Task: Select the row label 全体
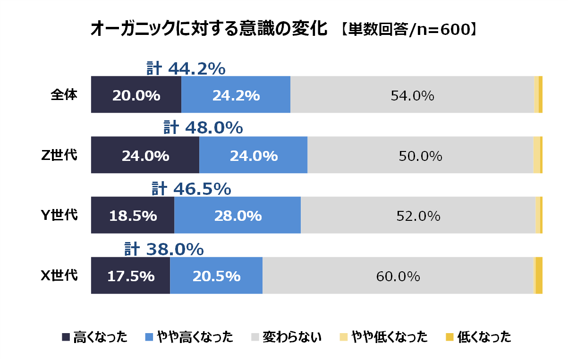coord(64,95)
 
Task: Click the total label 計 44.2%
coord(186,69)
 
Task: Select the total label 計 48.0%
coord(203,128)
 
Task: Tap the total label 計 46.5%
coord(191,189)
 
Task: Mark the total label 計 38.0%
coord(164,249)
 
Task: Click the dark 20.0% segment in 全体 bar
coord(136,95)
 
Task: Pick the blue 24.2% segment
coord(236,95)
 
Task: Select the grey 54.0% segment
coord(412,95)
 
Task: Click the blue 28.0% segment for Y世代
coord(237,216)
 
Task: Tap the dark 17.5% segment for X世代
coord(130,276)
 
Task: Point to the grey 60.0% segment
coord(398,276)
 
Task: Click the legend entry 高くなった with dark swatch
coord(94,337)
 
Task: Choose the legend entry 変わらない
coord(286,337)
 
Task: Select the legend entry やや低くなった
coord(383,337)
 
